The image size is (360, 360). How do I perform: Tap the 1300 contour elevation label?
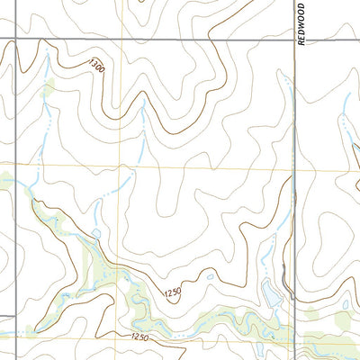point(97,66)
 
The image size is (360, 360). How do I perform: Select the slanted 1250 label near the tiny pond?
point(174,293)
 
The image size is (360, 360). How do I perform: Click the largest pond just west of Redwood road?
point(267,292)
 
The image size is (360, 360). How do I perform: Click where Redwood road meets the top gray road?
point(295,39)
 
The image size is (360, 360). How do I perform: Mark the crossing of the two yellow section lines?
point(123,166)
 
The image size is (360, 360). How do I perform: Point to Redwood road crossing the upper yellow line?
point(295,169)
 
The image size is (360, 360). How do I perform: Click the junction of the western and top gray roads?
point(12,39)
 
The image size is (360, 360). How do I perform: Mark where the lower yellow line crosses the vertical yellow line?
point(123,340)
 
